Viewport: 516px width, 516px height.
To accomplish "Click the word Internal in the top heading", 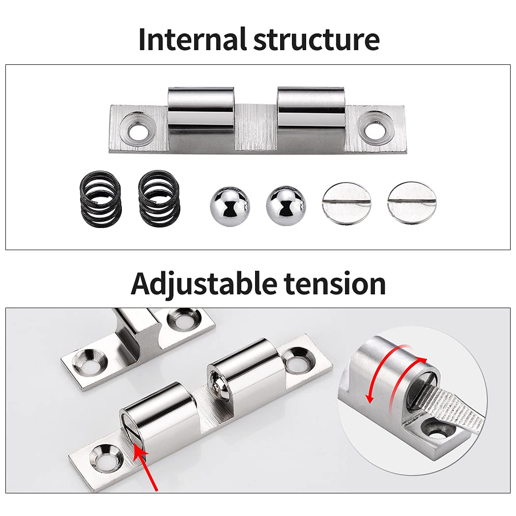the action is click(193, 39).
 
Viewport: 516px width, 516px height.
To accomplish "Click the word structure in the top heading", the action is click(316, 40).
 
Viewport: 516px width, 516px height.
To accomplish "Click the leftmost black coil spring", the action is click(100, 199).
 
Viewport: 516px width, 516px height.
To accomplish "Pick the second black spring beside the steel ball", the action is click(159, 199).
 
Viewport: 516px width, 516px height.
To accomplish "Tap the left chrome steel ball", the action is click(230, 206).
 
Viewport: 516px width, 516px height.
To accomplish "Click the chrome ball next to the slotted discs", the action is click(286, 206).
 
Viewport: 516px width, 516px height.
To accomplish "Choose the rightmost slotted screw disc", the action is click(411, 203).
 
